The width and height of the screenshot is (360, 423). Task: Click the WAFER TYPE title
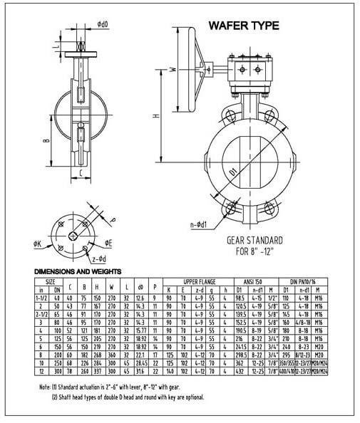coord(242,26)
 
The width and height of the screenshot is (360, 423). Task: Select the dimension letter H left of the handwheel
coord(155,115)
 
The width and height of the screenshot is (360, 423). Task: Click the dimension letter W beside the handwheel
coord(174,70)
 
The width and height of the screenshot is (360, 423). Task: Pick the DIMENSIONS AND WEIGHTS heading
coord(79,271)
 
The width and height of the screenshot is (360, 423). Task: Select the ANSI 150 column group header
coord(259,282)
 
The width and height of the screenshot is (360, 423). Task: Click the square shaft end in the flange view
coord(73,236)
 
